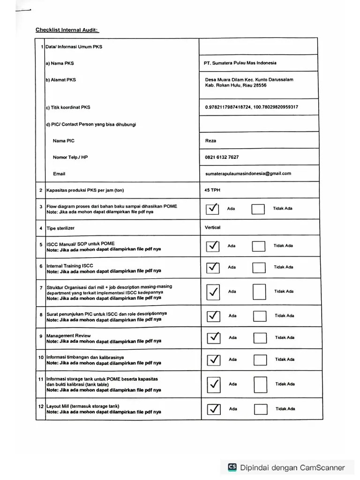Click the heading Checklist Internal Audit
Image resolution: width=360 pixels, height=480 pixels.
pyautogui.click(x=67, y=30)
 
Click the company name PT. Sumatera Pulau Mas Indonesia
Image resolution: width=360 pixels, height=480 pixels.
pyautogui.click(x=240, y=63)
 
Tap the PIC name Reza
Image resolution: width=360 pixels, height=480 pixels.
pyautogui.click(x=210, y=141)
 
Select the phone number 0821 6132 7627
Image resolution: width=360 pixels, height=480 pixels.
pyautogui.click(x=222, y=157)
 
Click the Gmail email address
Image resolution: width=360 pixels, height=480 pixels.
pyautogui.click(x=248, y=173)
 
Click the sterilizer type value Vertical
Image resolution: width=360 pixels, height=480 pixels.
pyautogui.click(x=212, y=227)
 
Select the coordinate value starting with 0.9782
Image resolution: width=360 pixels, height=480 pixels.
pyautogui.click(x=251, y=107)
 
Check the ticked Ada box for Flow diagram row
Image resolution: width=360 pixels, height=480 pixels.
pyautogui.click(x=212, y=209)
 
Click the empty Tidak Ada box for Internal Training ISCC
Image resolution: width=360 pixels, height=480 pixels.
pyautogui.click(x=259, y=267)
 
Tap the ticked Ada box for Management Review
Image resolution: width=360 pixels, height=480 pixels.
pyautogui.click(x=213, y=337)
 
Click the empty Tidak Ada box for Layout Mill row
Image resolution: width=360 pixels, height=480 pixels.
pyautogui.click(x=260, y=409)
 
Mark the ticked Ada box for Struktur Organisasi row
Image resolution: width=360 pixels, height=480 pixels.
pyautogui.click(x=213, y=292)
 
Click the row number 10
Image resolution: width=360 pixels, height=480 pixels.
pyautogui.click(x=41, y=357)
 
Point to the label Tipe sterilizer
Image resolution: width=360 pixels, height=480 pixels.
pyautogui.click(x=60, y=228)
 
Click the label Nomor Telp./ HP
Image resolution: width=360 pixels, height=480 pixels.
pyautogui.click(x=70, y=157)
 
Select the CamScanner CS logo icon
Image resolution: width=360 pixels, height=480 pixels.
pyautogui.click(x=232, y=467)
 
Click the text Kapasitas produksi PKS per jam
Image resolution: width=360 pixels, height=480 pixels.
pyautogui.click(x=85, y=190)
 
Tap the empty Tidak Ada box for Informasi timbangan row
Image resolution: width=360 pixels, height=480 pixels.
pyautogui.click(x=260, y=360)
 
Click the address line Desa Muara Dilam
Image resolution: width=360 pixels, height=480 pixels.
pyautogui.click(x=249, y=80)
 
